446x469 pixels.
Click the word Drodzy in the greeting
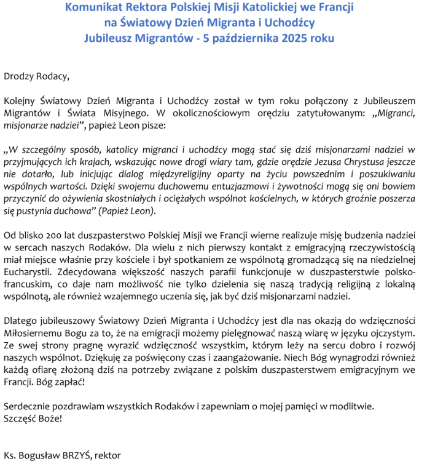point(18,77)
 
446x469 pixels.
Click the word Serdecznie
point(26,406)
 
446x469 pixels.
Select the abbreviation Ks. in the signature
point(10,455)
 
